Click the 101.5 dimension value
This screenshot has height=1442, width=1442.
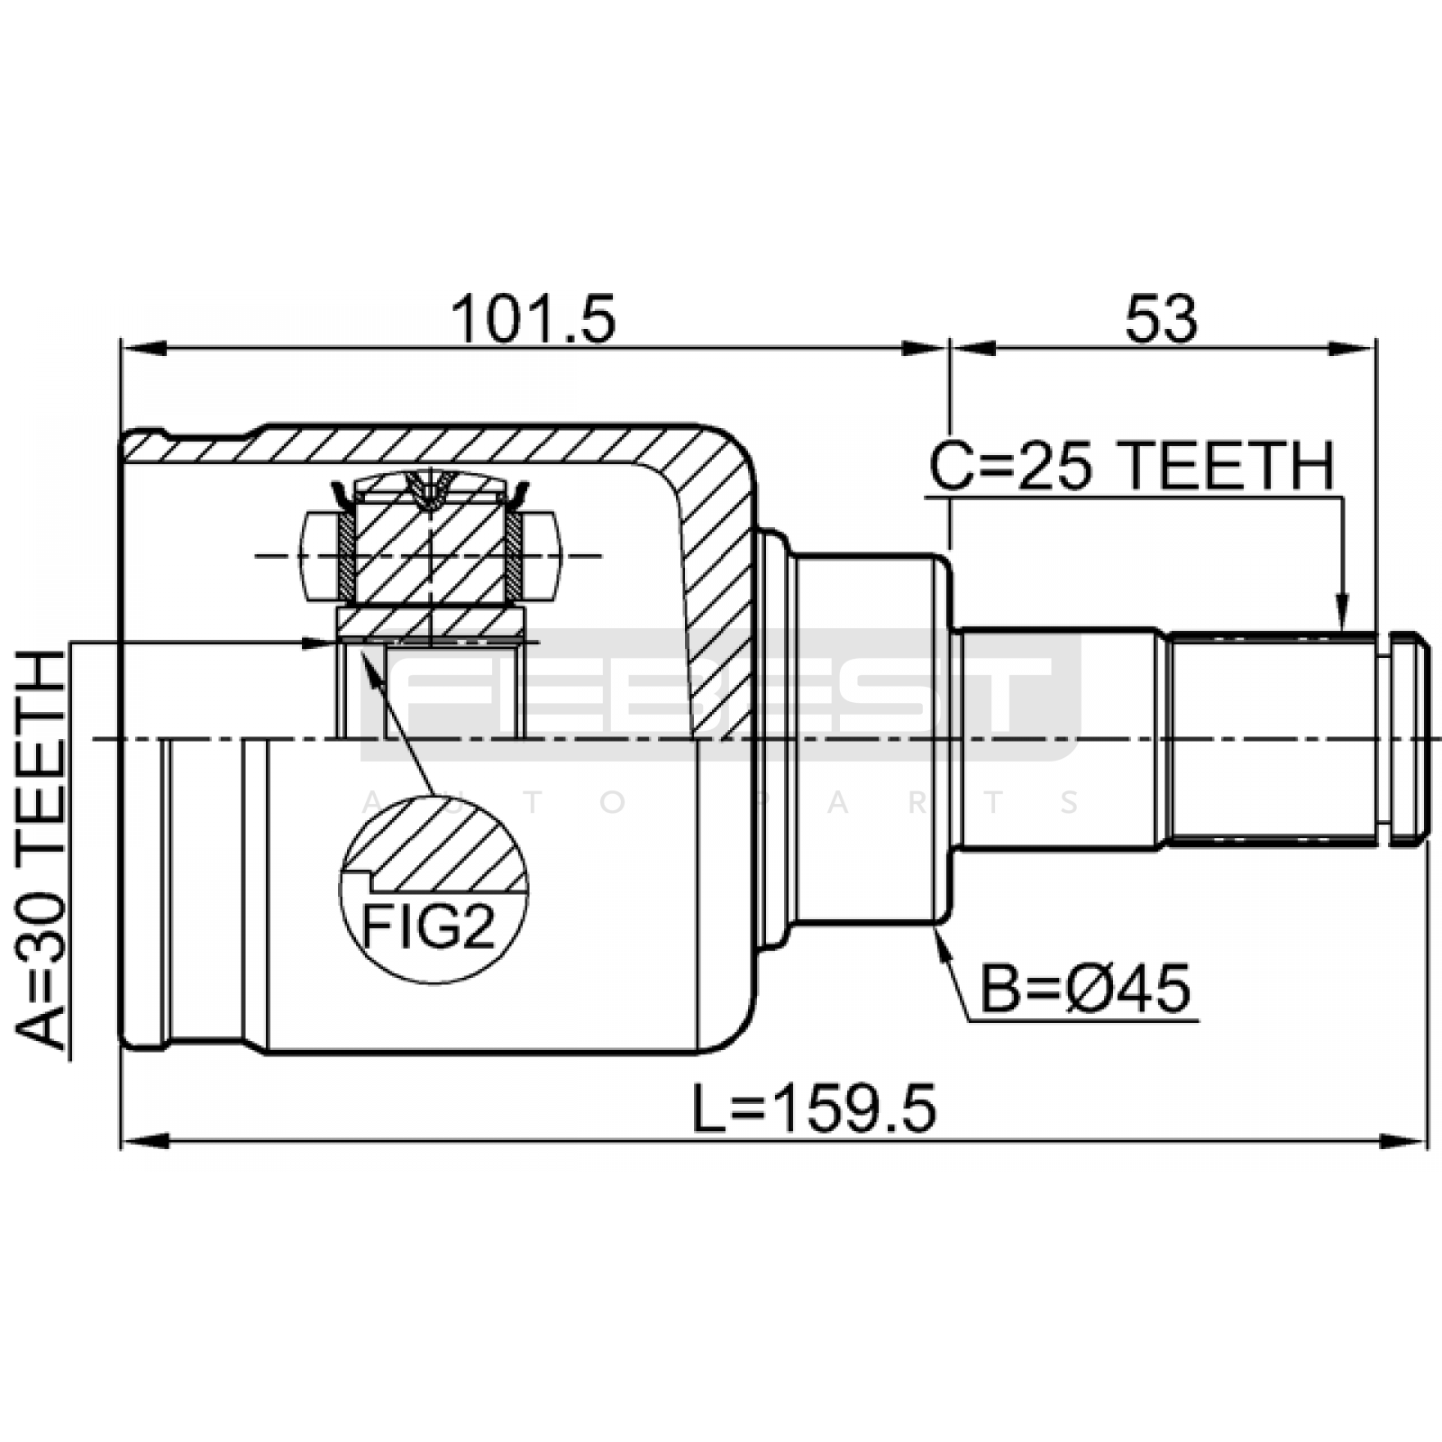(x=534, y=319)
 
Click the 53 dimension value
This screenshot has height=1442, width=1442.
(x=1162, y=319)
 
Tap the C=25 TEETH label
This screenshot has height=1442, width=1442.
(x=1131, y=467)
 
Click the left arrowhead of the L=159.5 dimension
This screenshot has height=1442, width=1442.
(x=144, y=1141)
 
